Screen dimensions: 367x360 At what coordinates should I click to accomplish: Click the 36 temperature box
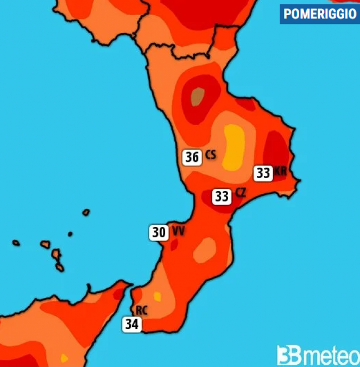click(x=191, y=157)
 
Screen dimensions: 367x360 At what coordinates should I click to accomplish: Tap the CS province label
click(x=211, y=156)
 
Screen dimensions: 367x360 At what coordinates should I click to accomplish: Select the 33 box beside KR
click(x=263, y=173)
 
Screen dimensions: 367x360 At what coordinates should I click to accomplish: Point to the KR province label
click(x=280, y=172)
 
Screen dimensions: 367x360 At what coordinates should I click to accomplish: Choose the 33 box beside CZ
click(x=221, y=196)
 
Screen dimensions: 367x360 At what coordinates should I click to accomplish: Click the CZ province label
click(x=241, y=193)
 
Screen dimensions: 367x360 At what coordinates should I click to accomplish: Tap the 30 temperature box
click(x=159, y=233)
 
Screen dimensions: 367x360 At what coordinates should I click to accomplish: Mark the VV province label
click(x=178, y=232)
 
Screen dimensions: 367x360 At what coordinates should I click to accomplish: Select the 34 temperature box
click(x=131, y=325)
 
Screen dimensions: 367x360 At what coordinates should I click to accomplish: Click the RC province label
click(x=142, y=311)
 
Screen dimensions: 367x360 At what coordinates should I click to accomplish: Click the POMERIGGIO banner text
click(x=320, y=14)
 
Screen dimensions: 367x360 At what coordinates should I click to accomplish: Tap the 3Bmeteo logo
click(x=317, y=355)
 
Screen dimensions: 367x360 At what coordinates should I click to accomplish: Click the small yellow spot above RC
click(x=157, y=296)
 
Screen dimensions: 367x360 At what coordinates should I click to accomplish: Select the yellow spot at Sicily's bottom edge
click(x=64, y=358)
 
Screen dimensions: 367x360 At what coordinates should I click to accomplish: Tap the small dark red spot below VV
click(x=174, y=245)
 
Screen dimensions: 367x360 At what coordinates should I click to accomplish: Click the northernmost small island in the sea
click(x=86, y=212)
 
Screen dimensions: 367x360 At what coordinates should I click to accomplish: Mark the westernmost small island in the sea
click(x=16, y=243)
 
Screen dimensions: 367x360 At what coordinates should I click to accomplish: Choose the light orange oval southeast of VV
click(x=205, y=249)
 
